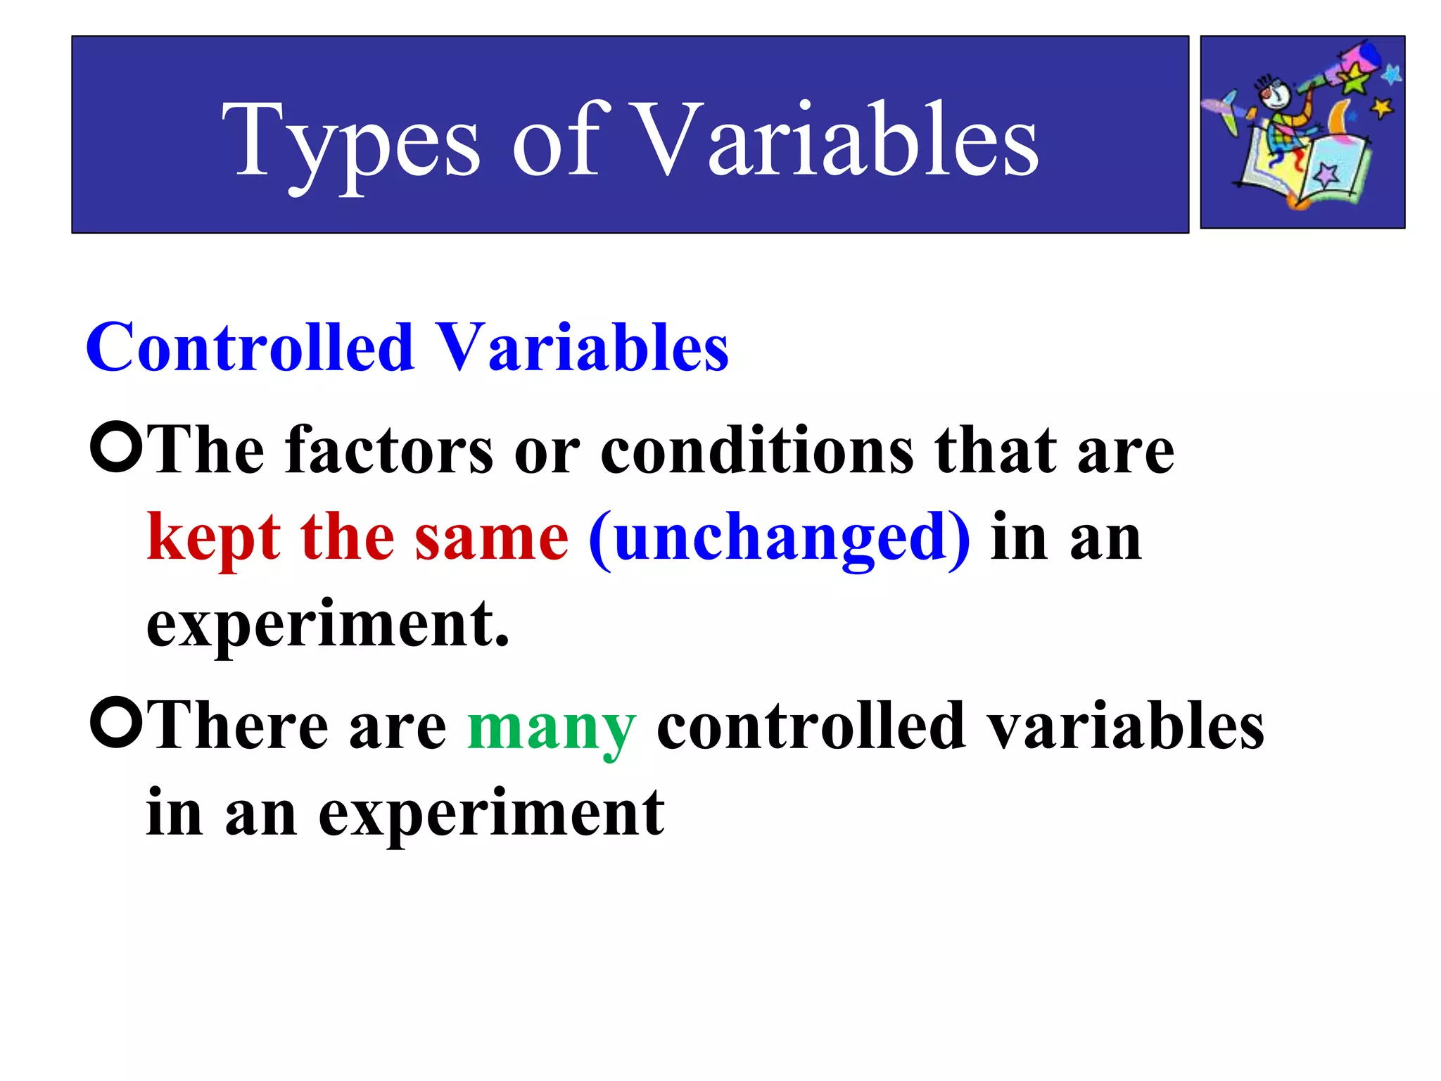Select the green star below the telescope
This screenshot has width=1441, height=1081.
pos(1354,80)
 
